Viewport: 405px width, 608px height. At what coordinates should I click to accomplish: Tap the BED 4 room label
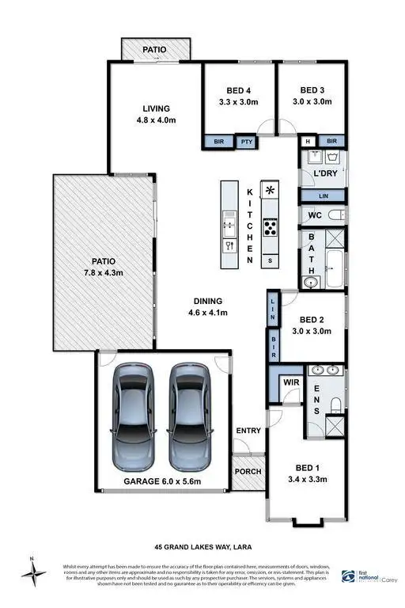click(x=239, y=90)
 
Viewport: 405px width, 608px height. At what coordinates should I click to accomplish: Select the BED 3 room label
click(x=312, y=90)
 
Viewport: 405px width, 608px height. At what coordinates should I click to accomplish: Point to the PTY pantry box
click(x=247, y=142)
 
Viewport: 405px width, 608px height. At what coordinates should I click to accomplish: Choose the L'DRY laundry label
click(x=325, y=173)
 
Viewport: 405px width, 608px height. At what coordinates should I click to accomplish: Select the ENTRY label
click(x=248, y=431)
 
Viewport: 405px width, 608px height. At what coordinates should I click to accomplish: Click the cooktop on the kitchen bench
click(x=271, y=228)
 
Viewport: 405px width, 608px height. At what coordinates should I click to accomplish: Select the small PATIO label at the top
click(x=154, y=50)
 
